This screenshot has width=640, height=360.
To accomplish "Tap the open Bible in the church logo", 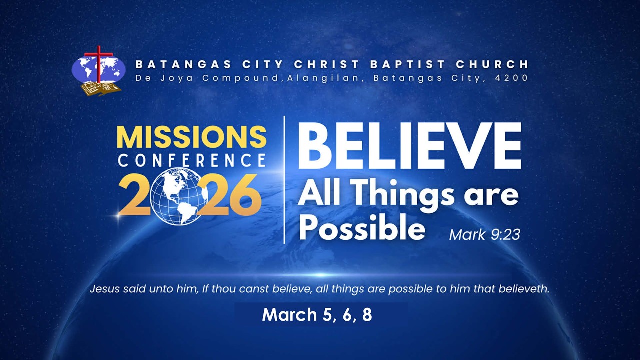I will click(102, 89).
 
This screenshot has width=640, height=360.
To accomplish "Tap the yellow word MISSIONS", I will click(191, 137).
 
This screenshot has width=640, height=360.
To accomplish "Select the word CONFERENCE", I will click(191, 161).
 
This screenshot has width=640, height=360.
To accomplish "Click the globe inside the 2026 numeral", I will click(176, 196).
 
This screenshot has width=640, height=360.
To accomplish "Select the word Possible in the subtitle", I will click(361, 228).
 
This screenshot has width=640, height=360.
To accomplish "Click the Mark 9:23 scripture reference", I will click(484, 234).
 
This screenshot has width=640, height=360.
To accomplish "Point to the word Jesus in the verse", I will click(104, 289).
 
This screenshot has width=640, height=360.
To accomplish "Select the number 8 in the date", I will click(367, 315).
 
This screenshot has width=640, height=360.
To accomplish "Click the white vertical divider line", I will click(284, 180).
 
